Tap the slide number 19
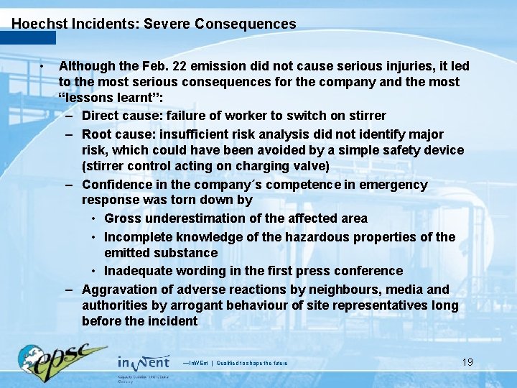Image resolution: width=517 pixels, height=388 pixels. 467,361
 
